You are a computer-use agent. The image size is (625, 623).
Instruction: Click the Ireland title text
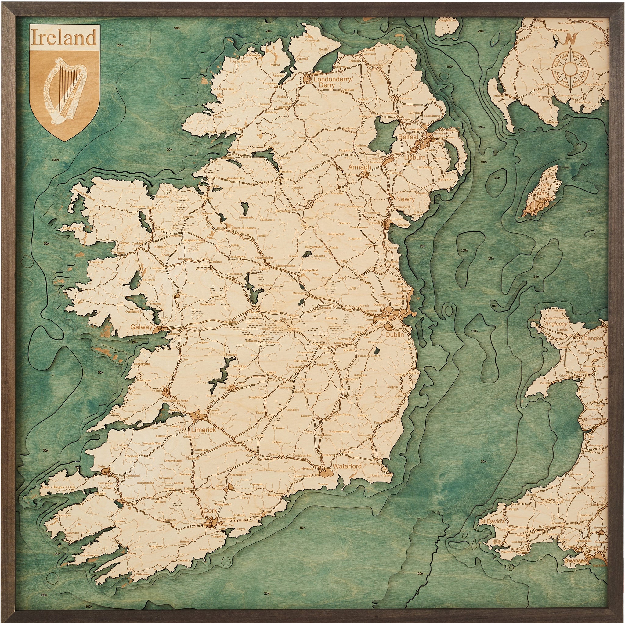64,38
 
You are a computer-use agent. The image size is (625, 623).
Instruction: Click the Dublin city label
394,335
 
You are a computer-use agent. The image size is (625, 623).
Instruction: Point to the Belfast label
408,137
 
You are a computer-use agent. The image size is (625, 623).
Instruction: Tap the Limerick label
203,430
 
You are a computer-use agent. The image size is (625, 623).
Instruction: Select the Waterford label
347,467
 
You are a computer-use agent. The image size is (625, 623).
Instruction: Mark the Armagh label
359,167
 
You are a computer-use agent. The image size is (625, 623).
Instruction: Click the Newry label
405,199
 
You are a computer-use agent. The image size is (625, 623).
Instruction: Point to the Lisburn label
415,158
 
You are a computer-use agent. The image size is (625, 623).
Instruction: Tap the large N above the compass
571,39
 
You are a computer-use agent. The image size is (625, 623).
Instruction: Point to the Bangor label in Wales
593,338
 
